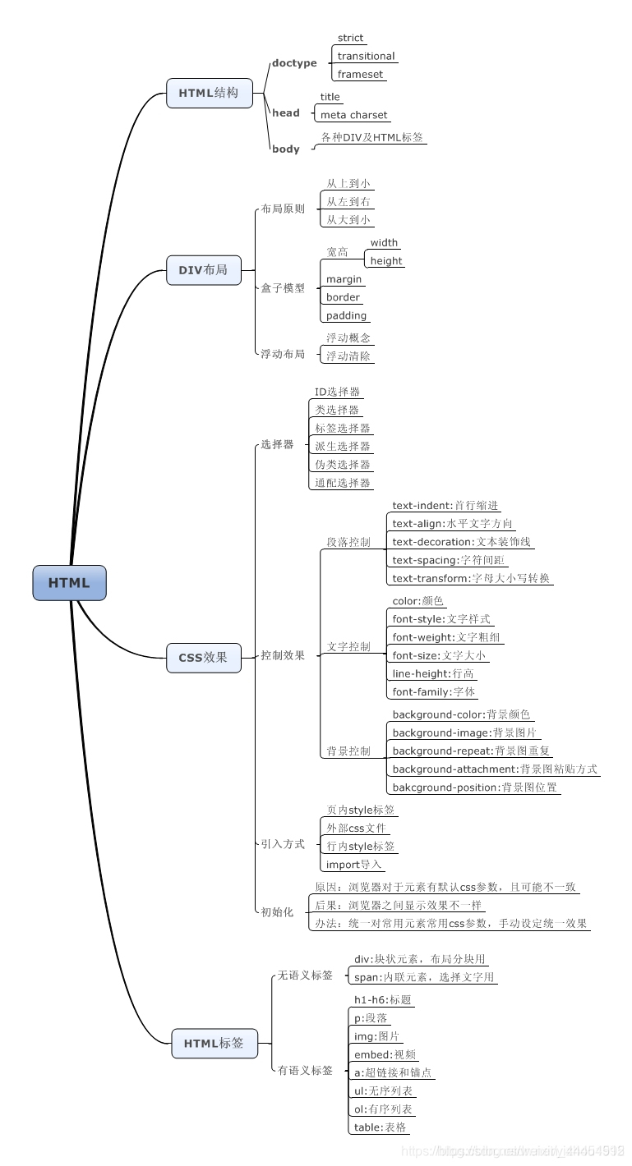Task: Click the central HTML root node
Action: (x=69, y=583)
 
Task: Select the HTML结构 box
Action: (x=209, y=93)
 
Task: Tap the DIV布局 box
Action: (x=203, y=269)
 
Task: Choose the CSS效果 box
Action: (x=203, y=657)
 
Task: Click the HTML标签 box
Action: (x=214, y=1043)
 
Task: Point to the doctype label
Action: (x=294, y=63)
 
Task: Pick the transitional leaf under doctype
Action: (x=366, y=57)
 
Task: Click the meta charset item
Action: (x=353, y=116)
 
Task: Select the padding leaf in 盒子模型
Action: (x=346, y=316)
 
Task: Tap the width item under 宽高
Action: (x=384, y=243)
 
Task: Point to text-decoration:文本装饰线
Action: (x=461, y=542)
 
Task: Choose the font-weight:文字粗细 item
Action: (x=445, y=637)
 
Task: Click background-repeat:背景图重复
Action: (x=471, y=751)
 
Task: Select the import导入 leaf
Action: (x=353, y=865)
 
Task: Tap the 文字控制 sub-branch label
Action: (x=348, y=647)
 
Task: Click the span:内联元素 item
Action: (x=424, y=977)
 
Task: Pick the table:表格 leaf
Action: (x=380, y=1127)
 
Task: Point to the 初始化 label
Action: (x=277, y=912)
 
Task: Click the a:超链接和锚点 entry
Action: (x=393, y=1072)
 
